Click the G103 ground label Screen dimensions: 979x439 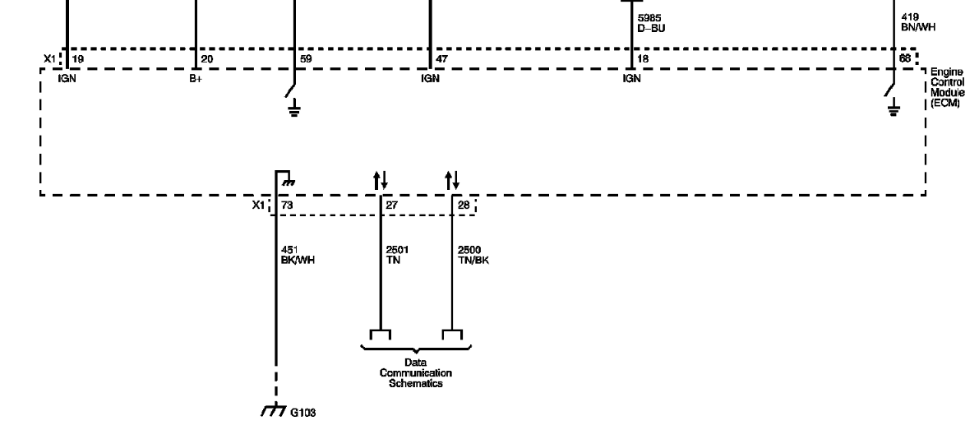(302, 413)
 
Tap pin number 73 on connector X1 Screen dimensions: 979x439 (287, 205)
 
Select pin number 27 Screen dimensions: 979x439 (392, 205)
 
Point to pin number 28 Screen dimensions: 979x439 (464, 205)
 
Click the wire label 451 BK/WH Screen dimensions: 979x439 (298, 255)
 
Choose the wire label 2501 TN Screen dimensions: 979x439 (397, 255)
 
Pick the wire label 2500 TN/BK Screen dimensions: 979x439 (473, 255)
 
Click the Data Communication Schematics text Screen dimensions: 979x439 (416, 372)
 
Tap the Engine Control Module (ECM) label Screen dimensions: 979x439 (947, 87)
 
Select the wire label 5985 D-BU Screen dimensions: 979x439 (651, 23)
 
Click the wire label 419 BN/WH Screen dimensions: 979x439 (918, 22)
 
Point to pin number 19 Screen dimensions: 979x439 (77, 59)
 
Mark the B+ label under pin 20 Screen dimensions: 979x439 (196, 79)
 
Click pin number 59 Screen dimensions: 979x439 (306, 59)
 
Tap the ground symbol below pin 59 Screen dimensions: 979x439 (293, 110)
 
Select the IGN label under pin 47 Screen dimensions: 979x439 (430, 79)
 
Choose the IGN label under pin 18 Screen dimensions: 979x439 (632, 79)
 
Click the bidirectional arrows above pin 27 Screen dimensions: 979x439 (381, 181)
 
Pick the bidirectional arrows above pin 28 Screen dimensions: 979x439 (452, 181)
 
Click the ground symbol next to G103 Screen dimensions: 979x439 (274, 411)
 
